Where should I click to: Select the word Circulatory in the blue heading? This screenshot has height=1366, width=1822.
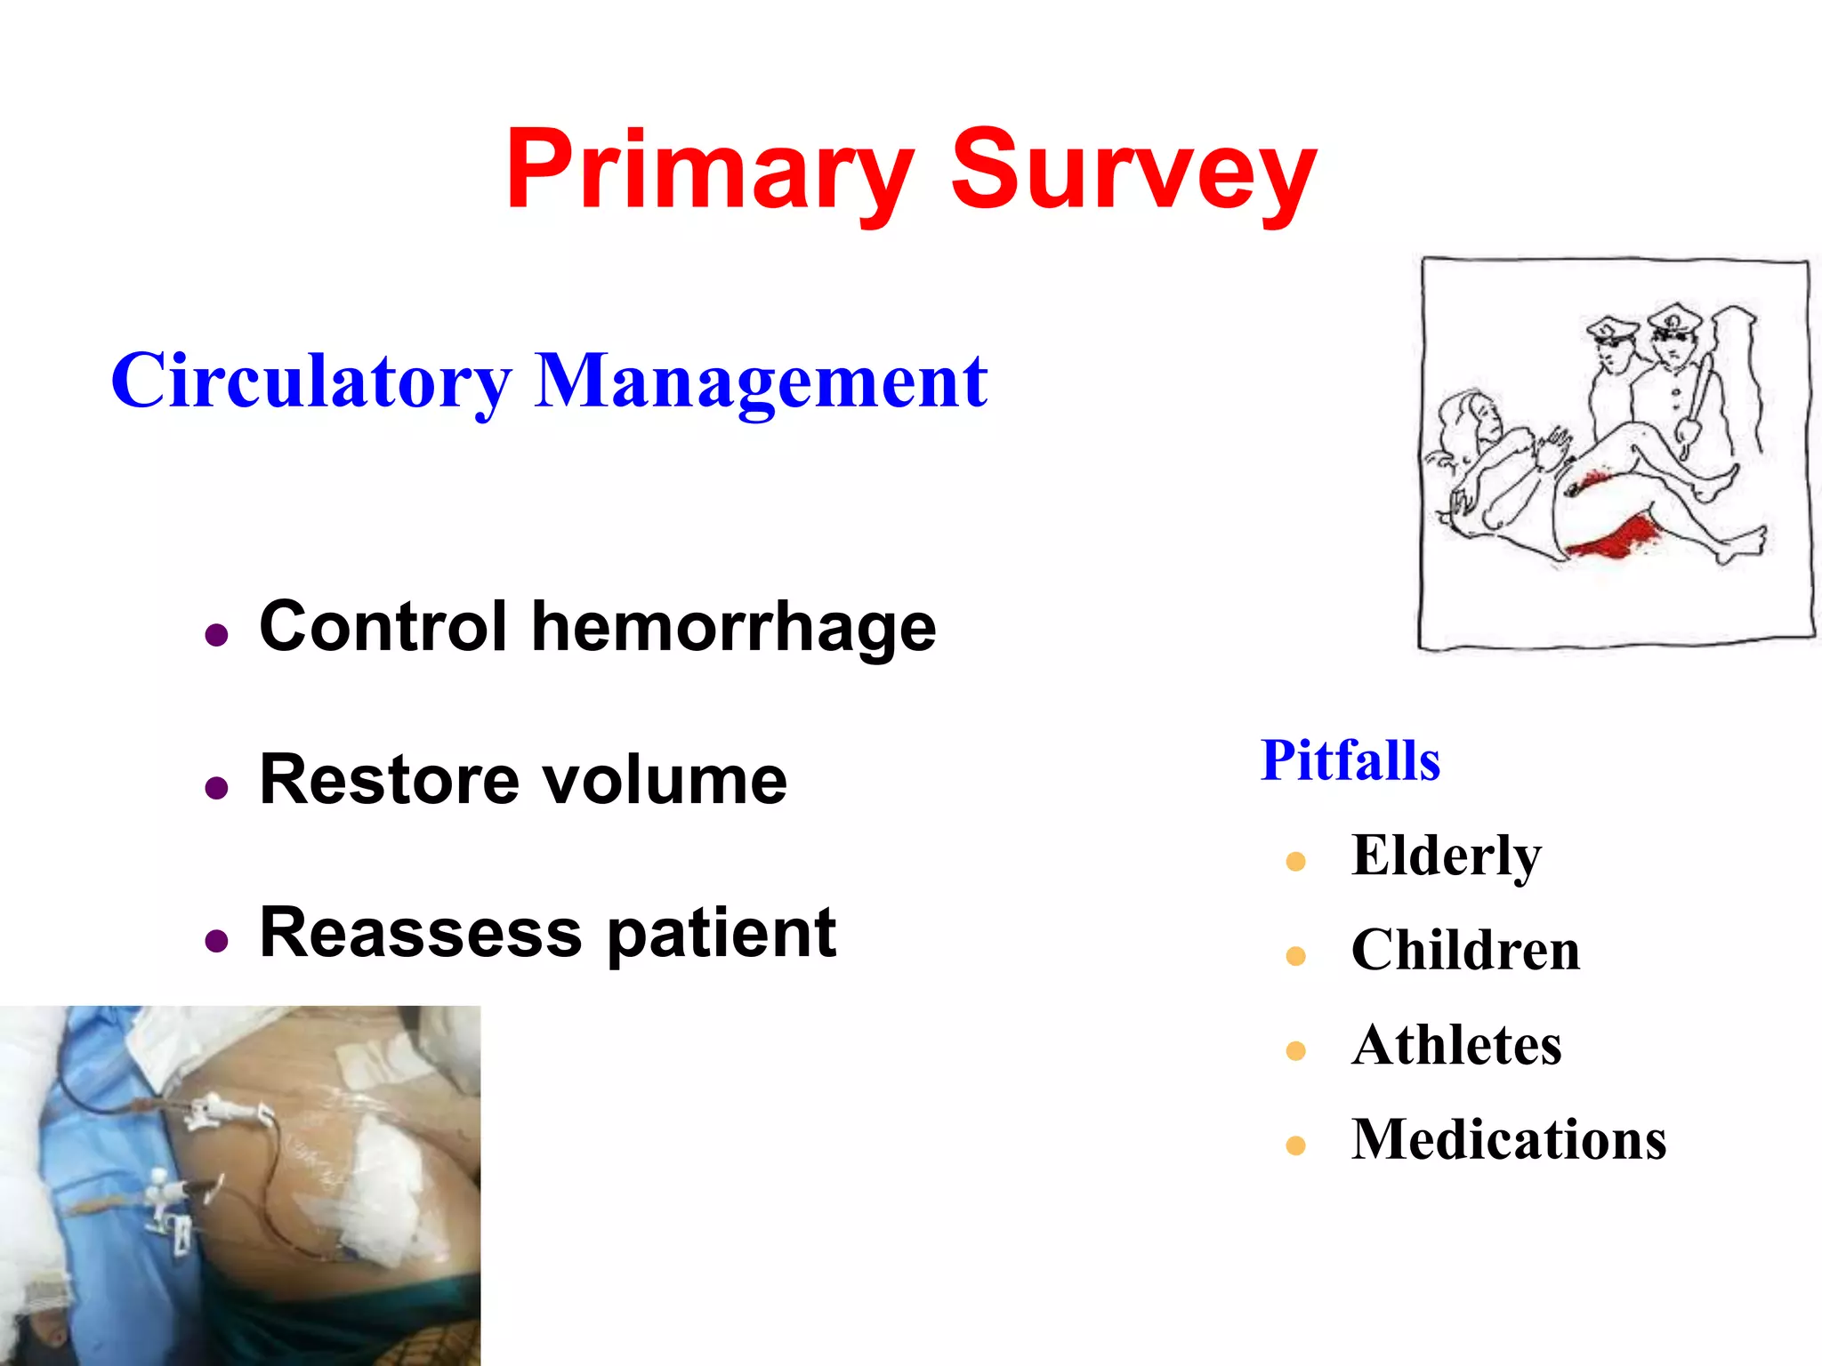point(310,382)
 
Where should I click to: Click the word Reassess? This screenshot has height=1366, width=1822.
point(420,933)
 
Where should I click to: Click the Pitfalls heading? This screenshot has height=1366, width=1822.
point(1350,761)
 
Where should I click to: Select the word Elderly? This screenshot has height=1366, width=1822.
point(1446,856)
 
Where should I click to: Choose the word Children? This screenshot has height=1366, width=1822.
point(1465,950)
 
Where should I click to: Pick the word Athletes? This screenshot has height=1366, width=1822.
point(1456,1045)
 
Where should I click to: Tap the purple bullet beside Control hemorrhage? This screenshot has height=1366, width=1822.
point(216,635)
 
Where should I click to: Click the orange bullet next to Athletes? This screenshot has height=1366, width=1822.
point(1295,1051)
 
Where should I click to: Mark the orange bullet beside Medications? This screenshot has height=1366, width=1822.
point(1295,1145)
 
